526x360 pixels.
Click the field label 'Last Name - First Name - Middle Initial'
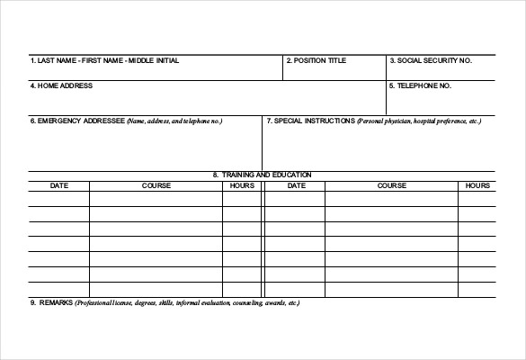pos(104,60)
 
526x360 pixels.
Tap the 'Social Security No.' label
pos(430,60)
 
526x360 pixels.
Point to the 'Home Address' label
pos(61,86)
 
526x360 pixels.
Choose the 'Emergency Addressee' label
pos(77,121)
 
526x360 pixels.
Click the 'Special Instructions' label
pos(310,121)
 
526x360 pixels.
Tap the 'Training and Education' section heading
pos(262,175)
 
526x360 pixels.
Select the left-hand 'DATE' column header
pos(58,185)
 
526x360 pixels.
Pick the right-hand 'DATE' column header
pos(296,185)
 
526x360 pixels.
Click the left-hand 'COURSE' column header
pos(156,185)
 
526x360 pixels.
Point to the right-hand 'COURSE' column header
pos(391,185)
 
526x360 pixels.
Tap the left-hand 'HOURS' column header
pos(242,185)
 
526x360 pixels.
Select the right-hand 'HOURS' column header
pos(477,185)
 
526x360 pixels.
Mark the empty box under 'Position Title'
pos(334,72)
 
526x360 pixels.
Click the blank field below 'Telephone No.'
pos(441,102)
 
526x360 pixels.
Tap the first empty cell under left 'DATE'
pos(58,199)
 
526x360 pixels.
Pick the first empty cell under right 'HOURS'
pos(477,199)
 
